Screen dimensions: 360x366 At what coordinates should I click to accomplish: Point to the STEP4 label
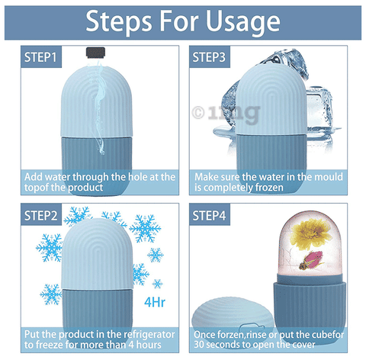click(x=211, y=216)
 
